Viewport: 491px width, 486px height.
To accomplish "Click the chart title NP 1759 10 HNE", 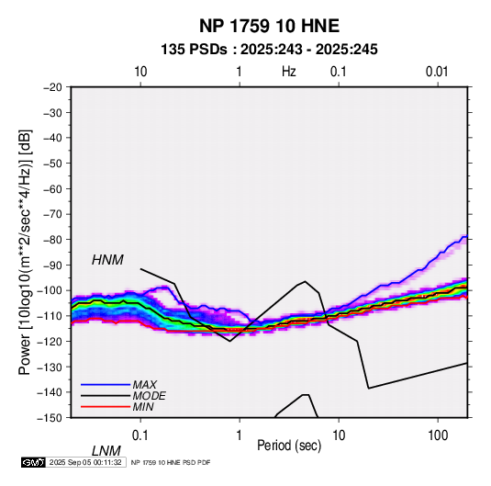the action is pos(269,26).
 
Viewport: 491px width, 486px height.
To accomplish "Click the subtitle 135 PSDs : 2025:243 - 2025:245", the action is pos(269,50).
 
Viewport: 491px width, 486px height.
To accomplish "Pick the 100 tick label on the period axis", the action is pos(438,435).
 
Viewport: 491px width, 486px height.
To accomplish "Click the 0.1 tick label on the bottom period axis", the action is pos(140,435).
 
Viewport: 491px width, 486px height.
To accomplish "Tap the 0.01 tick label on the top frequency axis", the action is pos(437,72).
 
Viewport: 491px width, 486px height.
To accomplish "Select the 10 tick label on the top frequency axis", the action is pos(140,72).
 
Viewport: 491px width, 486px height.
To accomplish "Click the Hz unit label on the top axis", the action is pos(289,72).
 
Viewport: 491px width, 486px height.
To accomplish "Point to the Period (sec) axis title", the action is pos(289,446).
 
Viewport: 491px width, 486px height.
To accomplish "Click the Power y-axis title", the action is pos(25,253).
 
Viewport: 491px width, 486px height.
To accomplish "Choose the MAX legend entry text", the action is pos(144,384).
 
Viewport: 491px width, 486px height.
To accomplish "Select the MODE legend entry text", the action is pos(149,396).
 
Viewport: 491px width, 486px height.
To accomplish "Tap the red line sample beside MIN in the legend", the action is pos(106,407).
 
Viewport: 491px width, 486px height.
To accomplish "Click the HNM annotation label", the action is pos(107,260).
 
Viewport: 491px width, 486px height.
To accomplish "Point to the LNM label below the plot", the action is pos(106,451).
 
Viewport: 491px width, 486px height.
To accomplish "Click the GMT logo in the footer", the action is pos(33,462).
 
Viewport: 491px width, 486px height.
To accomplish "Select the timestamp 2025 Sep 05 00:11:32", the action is pos(85,462).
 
